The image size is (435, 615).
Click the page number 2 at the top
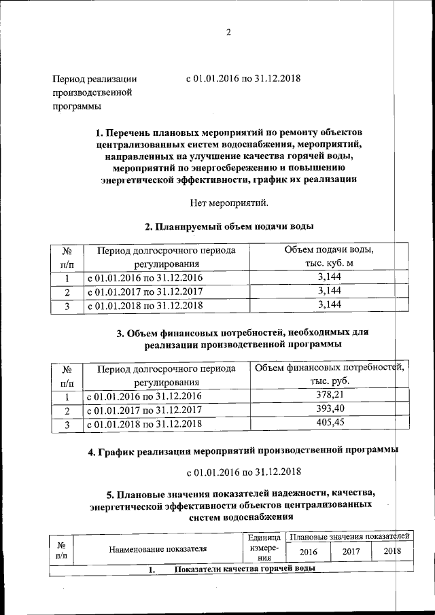pyautogui.click(x=228, y=32)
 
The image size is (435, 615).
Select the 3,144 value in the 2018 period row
pyautogui.click(x=329, y=305)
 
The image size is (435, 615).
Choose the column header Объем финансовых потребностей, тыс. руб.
pyautogui.click(x=329, y=375)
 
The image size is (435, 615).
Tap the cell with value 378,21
pyautogui.click(x=329, y=396)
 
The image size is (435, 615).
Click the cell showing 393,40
pyautogui.click(x=329, y=410)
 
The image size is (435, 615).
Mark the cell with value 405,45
pyautogui.click(x=329, y=423)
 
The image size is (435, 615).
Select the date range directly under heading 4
pyautogui.click(x=243, y=472)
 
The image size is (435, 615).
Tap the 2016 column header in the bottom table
pyautogui.click(x=309, y=552)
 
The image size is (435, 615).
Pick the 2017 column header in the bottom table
pyautogui.click(x=351, y=552)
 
